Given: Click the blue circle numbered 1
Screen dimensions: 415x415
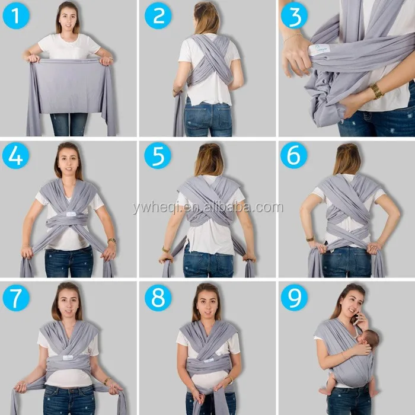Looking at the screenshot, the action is pyautogui.click(x=16, y=15).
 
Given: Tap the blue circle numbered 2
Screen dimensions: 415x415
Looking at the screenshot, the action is pyautogui.click(x=158, y=15).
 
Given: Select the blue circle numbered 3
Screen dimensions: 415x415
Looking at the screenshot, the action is pyautogui.click(x=294, y=15).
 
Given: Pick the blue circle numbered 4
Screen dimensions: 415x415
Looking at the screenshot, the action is pyautogui.click(x=15, y=155).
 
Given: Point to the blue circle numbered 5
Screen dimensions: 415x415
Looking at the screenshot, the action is pyautogui.click(x=158, y=155).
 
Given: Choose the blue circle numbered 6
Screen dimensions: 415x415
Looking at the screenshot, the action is pyautogui.click(x=294, y=155).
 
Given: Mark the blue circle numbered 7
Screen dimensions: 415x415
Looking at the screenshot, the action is pyautogui.click(x=16, y=298).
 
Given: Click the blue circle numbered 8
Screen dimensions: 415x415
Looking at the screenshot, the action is pyautogui.click(x=158, y=298).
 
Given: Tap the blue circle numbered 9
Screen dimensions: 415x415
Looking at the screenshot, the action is pyautogui.click(x=294, y=298).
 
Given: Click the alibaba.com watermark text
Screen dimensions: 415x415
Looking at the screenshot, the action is pyautogui.click(x=208, y=207).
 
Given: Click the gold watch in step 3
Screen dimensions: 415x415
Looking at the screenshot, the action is pyautogui.click(x=377, y=91).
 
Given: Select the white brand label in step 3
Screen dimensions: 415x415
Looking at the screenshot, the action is pyautogui.click(x=320, y=49).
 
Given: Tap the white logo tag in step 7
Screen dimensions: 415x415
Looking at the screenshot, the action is pyautogui.click(x=68, y=357).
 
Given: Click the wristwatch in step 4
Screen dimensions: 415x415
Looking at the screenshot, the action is pyautogui.click(x=111, y=241).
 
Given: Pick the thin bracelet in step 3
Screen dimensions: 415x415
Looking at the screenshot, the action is pyautogui.click(x=293, y=37).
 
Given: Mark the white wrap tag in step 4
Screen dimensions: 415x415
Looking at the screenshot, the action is pyautogui.click(x=70, y=214).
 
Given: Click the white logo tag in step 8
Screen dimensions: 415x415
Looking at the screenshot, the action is pyautogui.click(x=209, y=360).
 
